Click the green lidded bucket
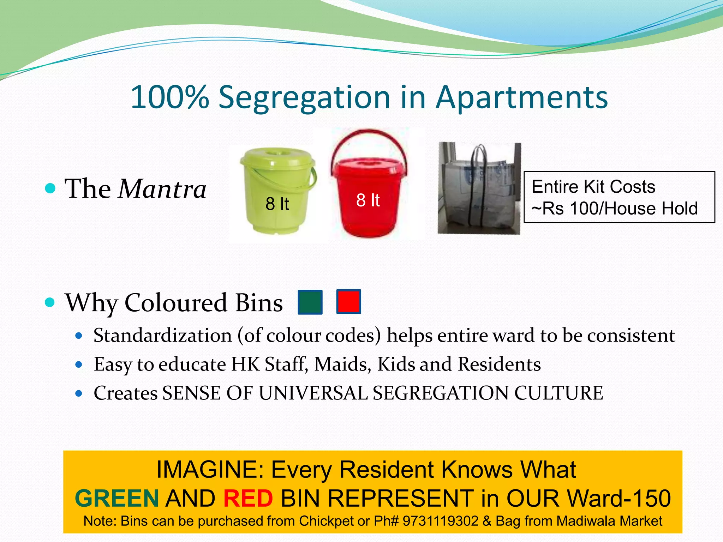(x=277, y=191)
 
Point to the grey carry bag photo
(x=479, y=188)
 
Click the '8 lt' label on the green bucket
(x=277, y=204)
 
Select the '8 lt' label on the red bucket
(x=368, y=200)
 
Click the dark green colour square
(x=310, y=302)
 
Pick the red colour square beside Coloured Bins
(x=348, y=302)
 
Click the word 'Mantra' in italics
(x=162, y=189)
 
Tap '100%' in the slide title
(x=170, y=97)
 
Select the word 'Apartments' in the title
(x=521, y=97)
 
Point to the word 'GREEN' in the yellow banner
(x=117, y=499)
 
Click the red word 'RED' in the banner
(x=248, y=499)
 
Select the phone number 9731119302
(x=440, y=521)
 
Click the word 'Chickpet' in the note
(x=327, y=521)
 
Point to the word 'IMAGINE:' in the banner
(x=210, y=470)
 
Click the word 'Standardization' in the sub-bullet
(x=162, y=335)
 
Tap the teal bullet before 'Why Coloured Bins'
(x=50, y=302)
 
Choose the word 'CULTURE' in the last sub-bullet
(x=558, y=393)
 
